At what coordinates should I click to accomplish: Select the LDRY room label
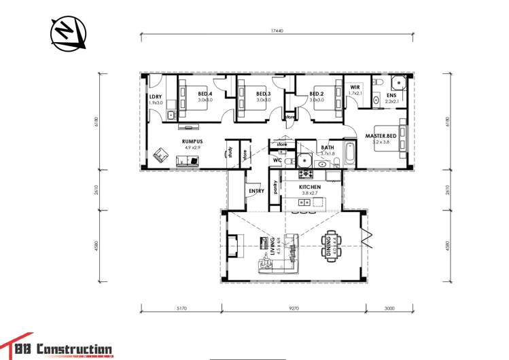click(156, 96)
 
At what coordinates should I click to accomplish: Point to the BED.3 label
click(264, 94)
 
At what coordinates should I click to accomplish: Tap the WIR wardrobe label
click(355, 88)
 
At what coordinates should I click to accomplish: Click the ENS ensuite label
click(391, 95)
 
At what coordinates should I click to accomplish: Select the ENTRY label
click(257, 191)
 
